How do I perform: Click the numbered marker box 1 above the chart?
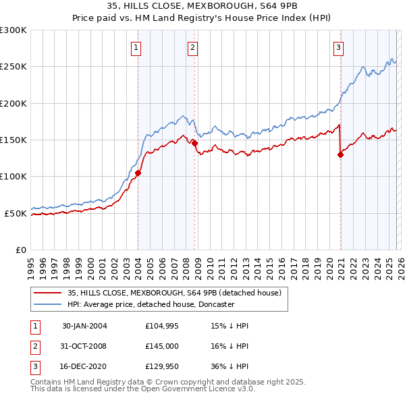click(136, 47)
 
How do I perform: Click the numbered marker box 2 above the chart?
click(193, 47)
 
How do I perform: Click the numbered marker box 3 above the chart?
click(337, 47)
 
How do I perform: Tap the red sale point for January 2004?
click(138, 173)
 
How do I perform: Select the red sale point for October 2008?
click(194, 143)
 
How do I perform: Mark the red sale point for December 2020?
click(340, 154)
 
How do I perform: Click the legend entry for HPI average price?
click(151, 304)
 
